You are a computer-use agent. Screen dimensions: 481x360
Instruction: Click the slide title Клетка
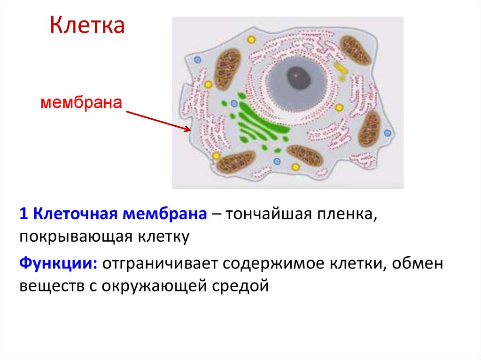click(x=87, y=26)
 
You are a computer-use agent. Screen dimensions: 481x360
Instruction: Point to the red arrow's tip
click(x=190, y=130)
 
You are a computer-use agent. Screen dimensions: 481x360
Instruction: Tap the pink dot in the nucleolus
click(x=296, y=75)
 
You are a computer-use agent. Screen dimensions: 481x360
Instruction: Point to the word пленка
click(x=349, y=214)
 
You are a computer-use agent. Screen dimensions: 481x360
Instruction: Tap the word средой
click(x=243, y=285)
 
